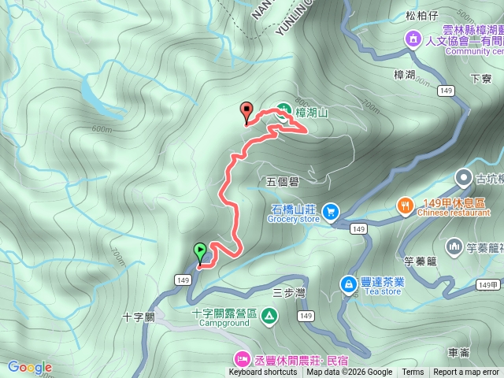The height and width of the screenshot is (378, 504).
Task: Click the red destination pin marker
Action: (x=246, y=113)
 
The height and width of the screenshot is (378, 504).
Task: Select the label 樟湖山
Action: (x=311, y=113)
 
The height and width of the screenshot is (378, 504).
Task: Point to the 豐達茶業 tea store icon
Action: (x=348, y=283)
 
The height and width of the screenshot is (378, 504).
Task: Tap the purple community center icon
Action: (x=412, y=39)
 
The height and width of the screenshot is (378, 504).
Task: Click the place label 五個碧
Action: (x=283, y=181)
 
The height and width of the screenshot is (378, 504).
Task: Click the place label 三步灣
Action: (x=288, y=292)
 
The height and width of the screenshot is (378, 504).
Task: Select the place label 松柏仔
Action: (x=421, y=15)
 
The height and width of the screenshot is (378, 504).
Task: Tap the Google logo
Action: (x=29, y=367)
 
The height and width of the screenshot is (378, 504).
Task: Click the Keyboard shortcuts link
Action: (x=263, y=372)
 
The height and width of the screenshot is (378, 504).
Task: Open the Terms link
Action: (x=413, y=372)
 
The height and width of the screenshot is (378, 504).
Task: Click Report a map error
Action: (x=467, y=372)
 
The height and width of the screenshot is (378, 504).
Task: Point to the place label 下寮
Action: (x=480, y=79)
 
